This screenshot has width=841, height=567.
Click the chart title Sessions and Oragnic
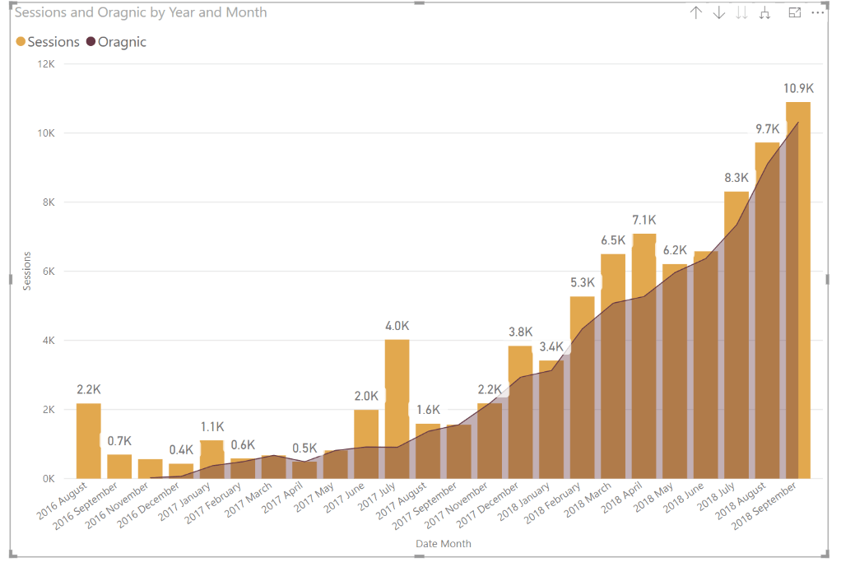(x=141, y=13)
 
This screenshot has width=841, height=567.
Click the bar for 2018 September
(x=797, y=288)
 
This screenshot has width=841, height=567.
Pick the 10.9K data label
(x=798, y=88)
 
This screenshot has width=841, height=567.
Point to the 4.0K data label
(x=397, y=326)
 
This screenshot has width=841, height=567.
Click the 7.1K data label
(x=644, y=220)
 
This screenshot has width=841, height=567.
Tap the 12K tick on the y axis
(x=45, y=64)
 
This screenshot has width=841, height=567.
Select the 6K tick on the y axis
(x=48, y=272)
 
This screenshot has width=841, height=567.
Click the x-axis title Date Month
(x=443, y=544)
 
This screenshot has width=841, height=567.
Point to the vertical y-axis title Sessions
(x=26, y=272)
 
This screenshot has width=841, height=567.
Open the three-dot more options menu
(x=817, y=13)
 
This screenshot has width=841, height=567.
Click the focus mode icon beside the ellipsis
(x=795, y=13)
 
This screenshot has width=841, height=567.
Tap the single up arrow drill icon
(x=696, y=13)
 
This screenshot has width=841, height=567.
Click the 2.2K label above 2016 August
(x=88, y=389)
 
